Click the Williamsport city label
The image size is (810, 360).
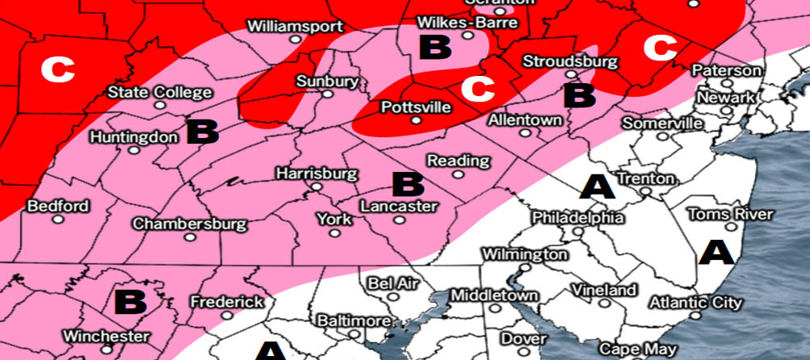pos(295,26)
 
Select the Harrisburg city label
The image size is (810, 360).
pos(316,174)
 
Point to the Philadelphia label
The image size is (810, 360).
pos(577,218)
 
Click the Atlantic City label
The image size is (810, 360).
pos(695,303)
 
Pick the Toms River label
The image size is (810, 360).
pos(730,214)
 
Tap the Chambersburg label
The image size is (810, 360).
pos(190,223)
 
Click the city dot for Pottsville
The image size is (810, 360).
pos(415,120)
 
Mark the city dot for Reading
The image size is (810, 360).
pos(458,174)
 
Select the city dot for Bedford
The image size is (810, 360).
pos(58,220)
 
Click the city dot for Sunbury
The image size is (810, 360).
pos(327,94)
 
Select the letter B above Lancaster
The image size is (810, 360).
pos(407,184)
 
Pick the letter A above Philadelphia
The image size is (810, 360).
pos(598,187)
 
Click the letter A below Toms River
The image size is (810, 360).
pos(716,252)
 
